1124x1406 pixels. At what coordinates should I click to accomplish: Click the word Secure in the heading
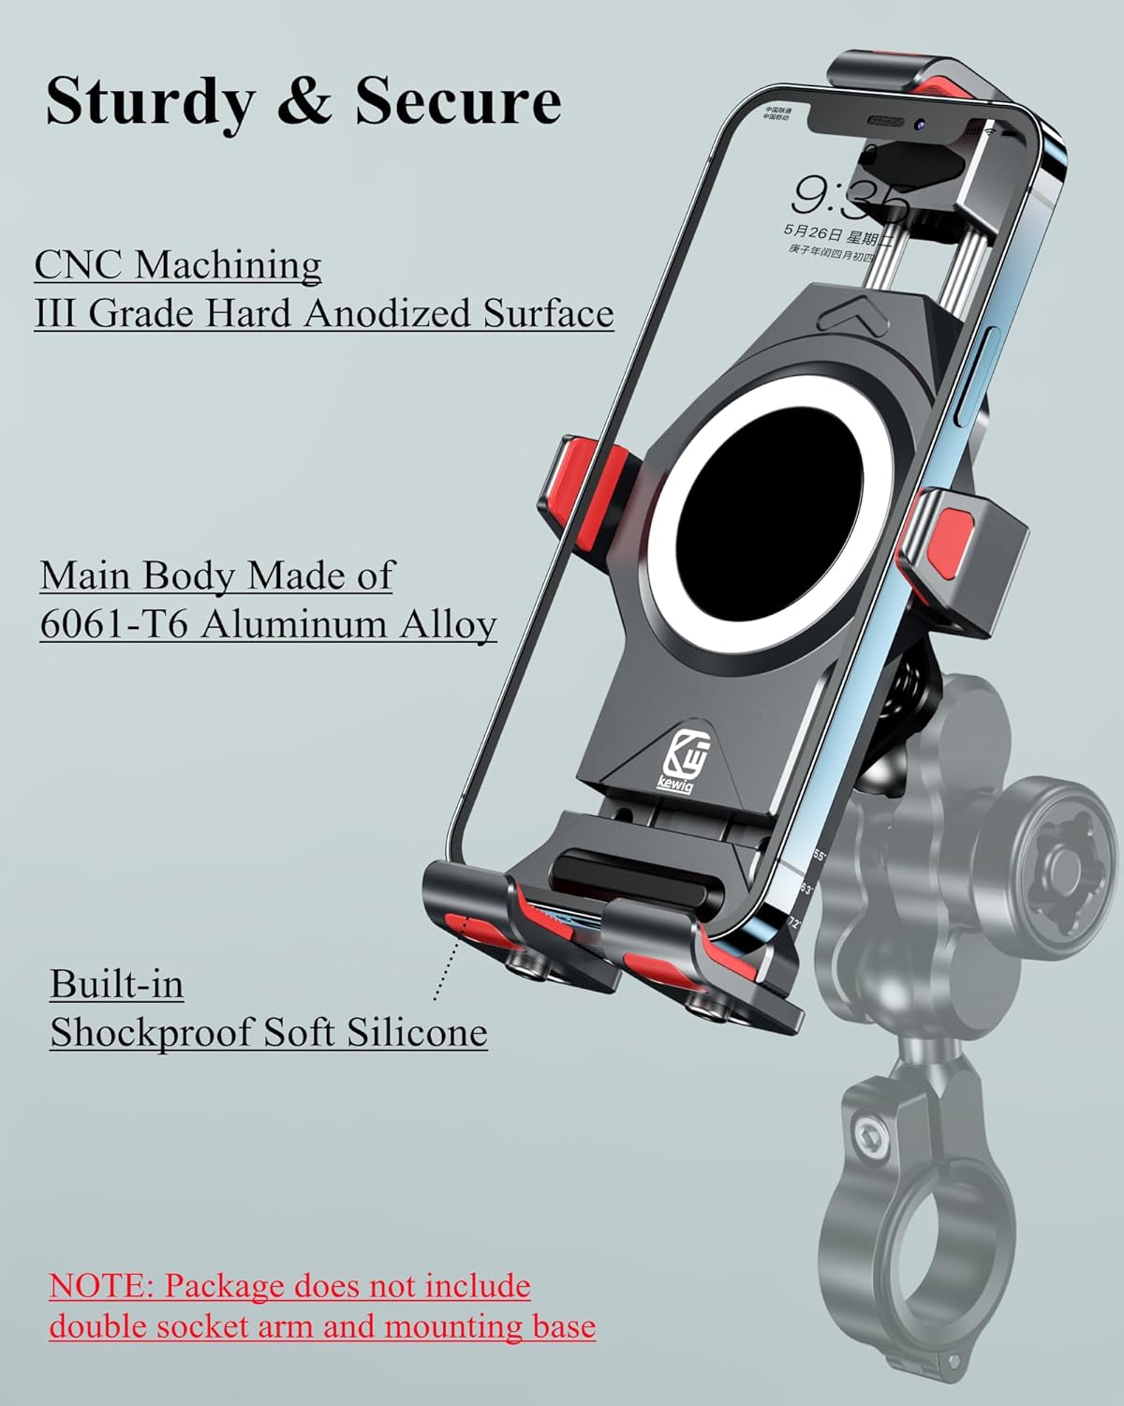point(457,100)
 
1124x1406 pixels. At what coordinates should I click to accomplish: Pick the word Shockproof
point(150,1033)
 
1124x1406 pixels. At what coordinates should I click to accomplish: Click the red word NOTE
point(100,1286)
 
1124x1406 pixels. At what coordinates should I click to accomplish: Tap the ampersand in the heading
point(305,102)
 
